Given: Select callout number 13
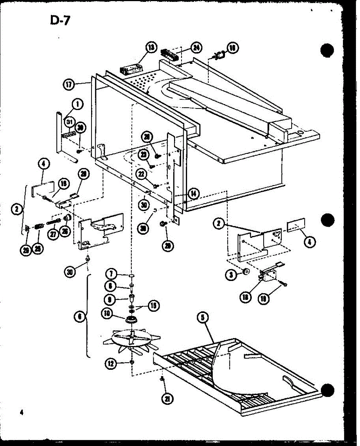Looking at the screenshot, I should [x=150, y=48].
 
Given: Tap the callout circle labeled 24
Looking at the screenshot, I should [x=196, y=48].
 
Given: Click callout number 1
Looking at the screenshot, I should [x=77, y=105].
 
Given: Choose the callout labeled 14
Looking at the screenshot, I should [x=193, y=193].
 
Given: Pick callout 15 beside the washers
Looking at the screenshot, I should [x=153, y=306].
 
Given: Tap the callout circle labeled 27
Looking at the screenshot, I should [x=54, y=234].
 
